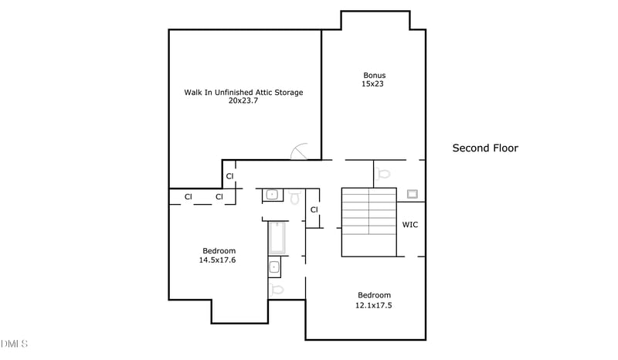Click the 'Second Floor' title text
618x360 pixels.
(484, 148)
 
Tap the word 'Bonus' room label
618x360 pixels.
(374, 75)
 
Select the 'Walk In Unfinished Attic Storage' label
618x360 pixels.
(243, 92)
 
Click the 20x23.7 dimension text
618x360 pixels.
(243, 100)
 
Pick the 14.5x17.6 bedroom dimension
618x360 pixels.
(219, 260)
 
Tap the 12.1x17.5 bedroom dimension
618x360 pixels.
(374, 305)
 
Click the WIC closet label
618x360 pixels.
(410, 226)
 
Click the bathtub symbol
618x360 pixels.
(277, 239)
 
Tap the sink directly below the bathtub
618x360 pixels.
(274, 268)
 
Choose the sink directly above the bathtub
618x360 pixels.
(272, 195)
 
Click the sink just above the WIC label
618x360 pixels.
(413, 194)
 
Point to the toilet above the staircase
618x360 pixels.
(384, 174)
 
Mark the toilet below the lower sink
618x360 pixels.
(277, 289)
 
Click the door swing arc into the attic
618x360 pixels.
(301, 151)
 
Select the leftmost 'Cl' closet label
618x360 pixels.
(188, 197)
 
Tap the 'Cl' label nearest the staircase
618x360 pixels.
(314, 210)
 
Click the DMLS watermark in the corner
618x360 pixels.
(15, 343)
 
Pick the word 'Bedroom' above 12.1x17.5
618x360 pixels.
(374, 295)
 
